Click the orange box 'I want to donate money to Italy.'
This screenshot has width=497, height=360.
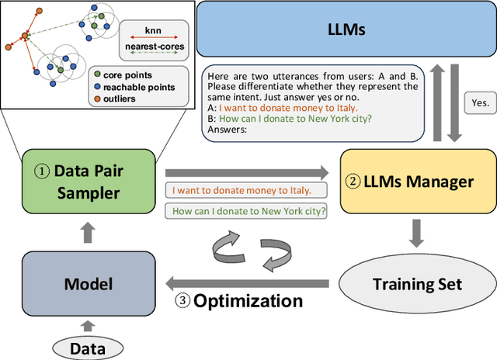pyautogui.click(x=241, y=190)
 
